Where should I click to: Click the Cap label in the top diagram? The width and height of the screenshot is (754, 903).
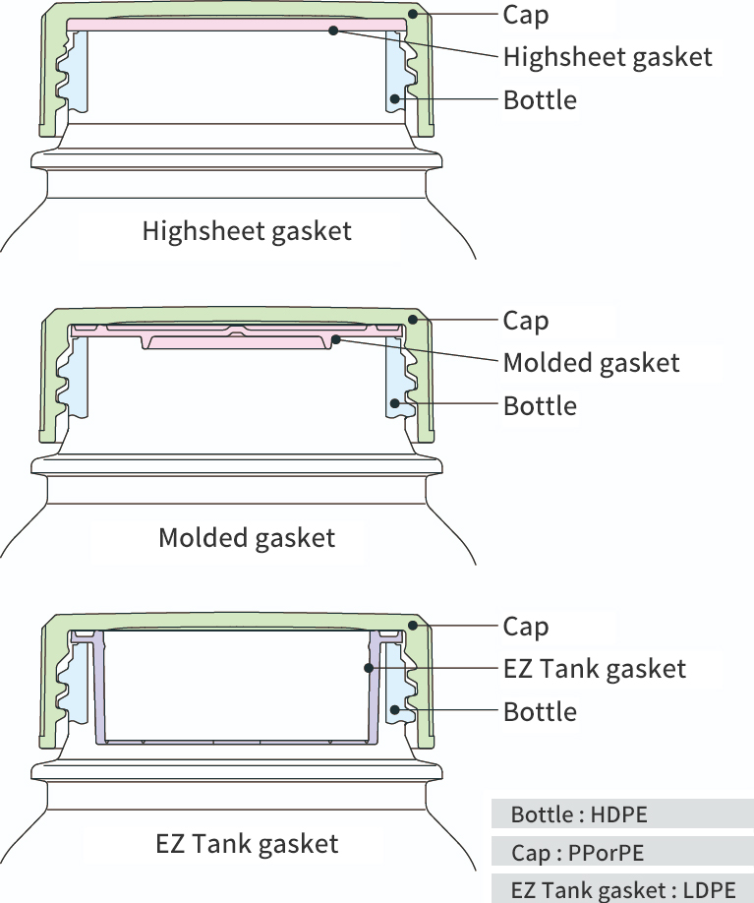[526, 15]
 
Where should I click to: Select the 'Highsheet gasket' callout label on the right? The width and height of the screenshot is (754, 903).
[607, 57]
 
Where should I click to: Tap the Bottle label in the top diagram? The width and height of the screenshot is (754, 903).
[540, 100]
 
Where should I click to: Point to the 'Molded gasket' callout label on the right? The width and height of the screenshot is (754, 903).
[591, 363]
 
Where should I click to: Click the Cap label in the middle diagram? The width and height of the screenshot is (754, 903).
[526, 321]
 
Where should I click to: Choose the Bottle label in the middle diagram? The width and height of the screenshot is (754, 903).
[540, 406]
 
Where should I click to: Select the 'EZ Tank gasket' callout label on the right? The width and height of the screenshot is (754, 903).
[594, 669]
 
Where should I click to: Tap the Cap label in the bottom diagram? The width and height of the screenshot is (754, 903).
[526, 627]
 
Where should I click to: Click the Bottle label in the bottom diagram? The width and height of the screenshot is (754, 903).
[540, 711]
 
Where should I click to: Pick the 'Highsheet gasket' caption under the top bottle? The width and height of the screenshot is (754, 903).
[247, 232]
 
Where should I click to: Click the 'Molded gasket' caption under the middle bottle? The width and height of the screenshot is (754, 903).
[247, 538]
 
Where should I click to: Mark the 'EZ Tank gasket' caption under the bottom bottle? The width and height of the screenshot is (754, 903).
[247, 844]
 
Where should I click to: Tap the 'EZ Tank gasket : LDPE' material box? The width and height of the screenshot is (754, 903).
[622, 890]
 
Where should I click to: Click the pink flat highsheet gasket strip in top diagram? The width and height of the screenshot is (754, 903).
[197, 25]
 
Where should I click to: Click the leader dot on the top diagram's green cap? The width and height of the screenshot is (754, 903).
[415, 14]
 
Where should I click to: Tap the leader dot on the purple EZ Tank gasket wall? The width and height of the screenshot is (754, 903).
[369, 668]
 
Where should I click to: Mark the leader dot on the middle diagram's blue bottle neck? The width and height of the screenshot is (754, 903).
[395, 403]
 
